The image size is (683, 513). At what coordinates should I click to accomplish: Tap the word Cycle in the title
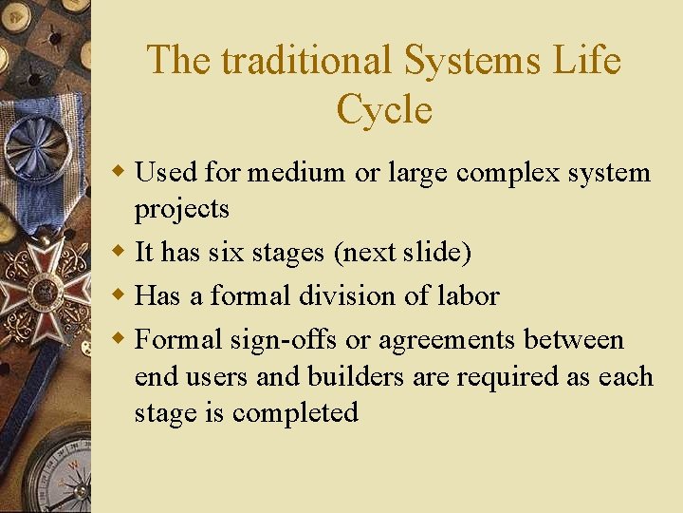[384, 110]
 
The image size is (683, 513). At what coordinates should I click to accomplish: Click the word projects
[182, 209]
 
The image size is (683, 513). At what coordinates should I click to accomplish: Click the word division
[347, 295]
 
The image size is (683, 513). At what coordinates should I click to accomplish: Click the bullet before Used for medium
[119, 173]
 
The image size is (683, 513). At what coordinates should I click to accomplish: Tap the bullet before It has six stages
[119, 253]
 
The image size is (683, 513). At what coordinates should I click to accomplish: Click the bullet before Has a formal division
[119, 295]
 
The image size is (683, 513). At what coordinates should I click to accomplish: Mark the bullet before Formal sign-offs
[119, 339]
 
